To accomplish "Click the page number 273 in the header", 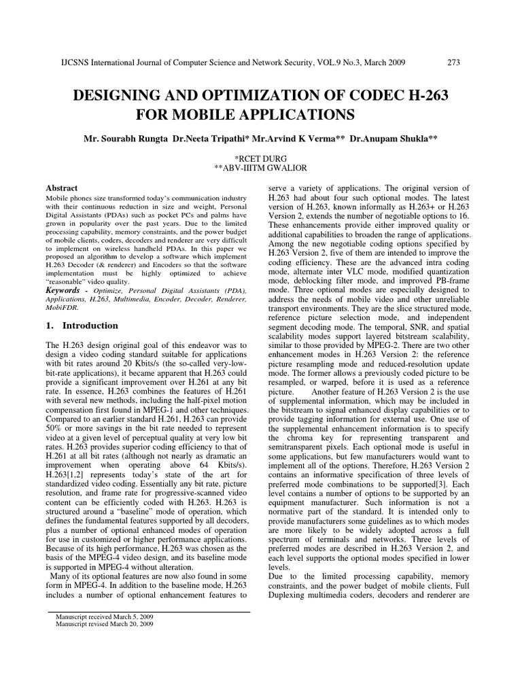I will point(453,63).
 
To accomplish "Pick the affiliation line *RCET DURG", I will point(261,155).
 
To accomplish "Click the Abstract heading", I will point(61,188).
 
